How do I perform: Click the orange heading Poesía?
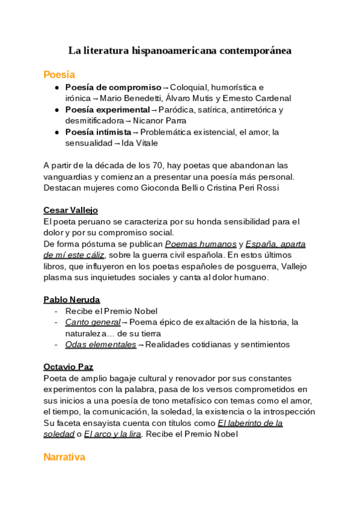(x=59, y=75)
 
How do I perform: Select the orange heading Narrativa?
(x=64, y=457)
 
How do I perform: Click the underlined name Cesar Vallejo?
(x=70, y=210)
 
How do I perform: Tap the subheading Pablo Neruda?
(x=72, y=300)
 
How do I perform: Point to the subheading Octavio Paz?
(x=68, y=367)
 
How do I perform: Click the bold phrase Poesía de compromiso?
(x=113, y=87)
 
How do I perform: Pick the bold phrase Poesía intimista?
(x=98, y=132)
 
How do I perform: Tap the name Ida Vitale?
(x=141, y=143)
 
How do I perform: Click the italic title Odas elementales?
(x=100, y=345)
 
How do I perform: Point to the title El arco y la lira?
(x=112, y=434)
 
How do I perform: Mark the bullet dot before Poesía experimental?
(x=57, y=110)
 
